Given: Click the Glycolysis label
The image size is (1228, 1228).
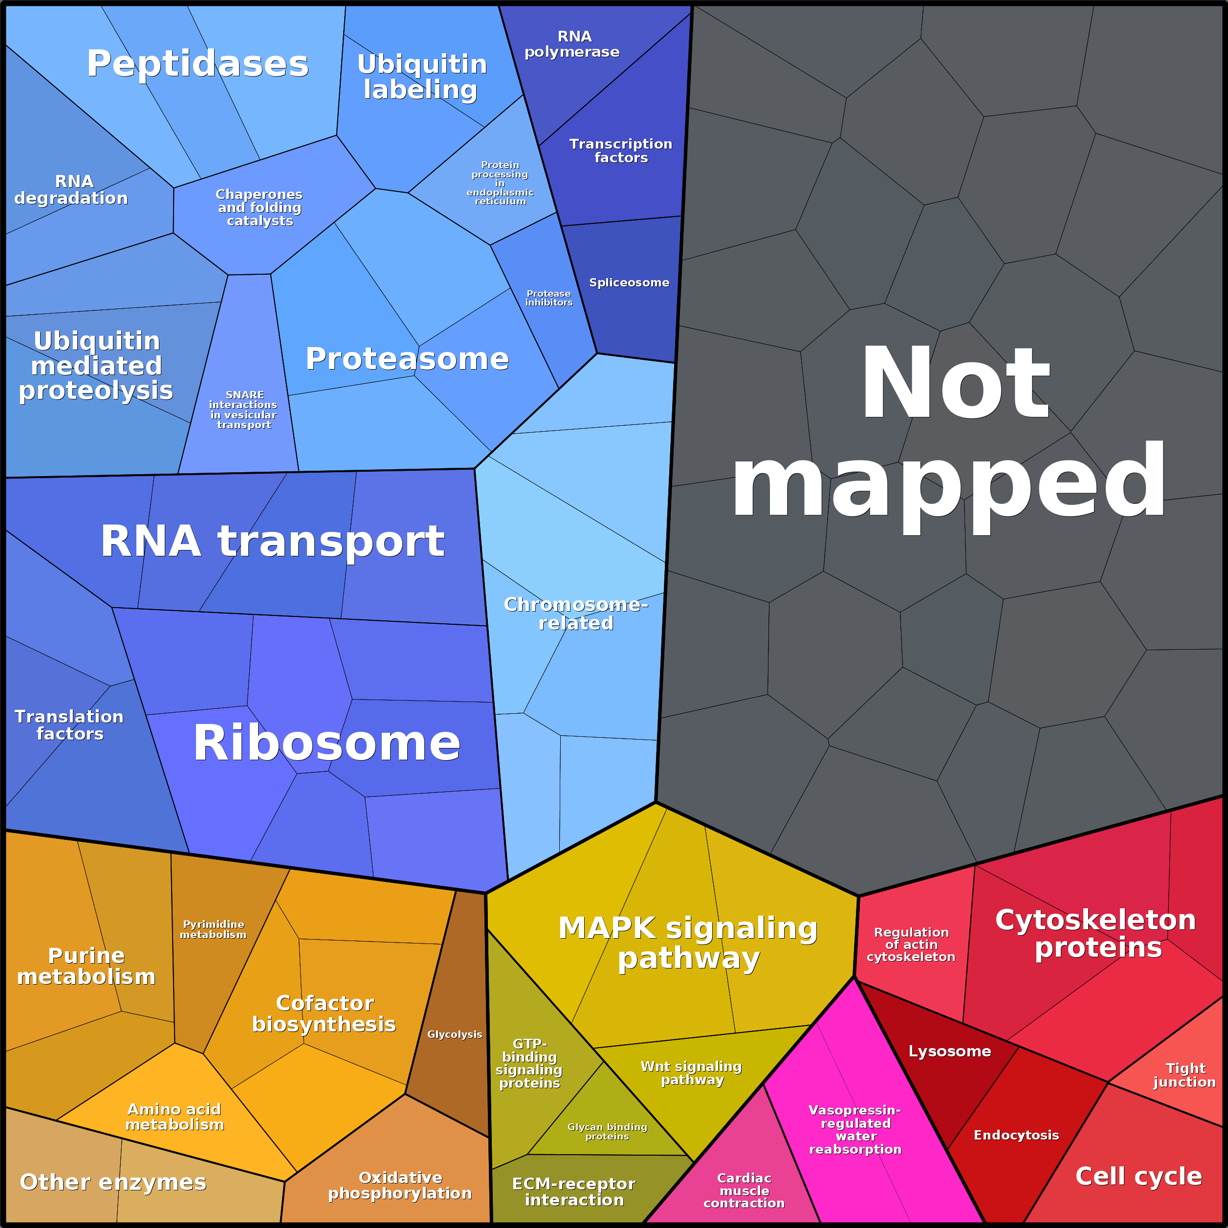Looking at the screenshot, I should [x=455, y=1034].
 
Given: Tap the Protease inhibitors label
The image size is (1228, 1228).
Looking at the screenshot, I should [x=548, y=298].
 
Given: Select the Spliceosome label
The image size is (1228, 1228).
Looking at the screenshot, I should [x=629, y=282].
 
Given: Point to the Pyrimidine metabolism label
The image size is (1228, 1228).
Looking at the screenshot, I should [x=213, y=929].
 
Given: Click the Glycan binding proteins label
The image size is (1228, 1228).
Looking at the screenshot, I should [x=607, y=1131].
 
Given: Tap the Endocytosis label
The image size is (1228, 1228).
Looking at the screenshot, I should [x=1016, y=1135].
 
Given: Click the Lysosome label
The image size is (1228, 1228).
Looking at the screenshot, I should [x=950, y=1051].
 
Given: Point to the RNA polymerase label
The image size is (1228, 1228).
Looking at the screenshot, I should [x=572, y=44].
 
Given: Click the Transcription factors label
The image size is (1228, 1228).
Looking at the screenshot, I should [x=621, y=151].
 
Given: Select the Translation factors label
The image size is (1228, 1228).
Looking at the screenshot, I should [x=69, y=724].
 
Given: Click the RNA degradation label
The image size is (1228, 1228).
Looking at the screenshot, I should [x=71, y=189].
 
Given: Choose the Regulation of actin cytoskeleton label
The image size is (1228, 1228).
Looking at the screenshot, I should [x=911, y=944].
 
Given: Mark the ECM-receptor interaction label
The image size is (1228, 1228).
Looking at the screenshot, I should [x=574, y=1192].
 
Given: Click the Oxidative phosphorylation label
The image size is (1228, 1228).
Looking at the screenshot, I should [x=400, y=1185].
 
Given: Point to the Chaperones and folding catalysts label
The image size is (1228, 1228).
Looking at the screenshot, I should [x=259, y=207].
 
